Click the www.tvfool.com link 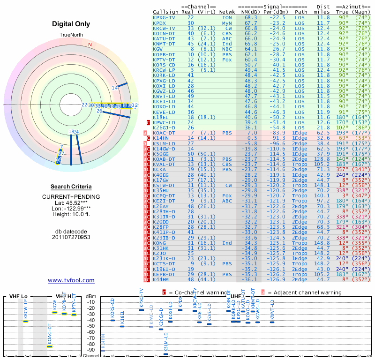[x=71, y=280]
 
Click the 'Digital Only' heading [x=71, y=24]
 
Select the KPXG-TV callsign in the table [x=164, y=17]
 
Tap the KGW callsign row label [x=158, y=48]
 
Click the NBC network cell [x=227, y=48]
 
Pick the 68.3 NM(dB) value [x=251, y=17]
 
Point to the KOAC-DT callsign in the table [x=164, y=133]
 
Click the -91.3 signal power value [x=276, y=138]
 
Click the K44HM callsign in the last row [x=161, y=279]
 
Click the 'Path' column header [x=301, y=12]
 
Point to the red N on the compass [x=90, y=45]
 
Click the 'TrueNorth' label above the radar [x=71, y=35]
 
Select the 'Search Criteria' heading [x=71, y=187]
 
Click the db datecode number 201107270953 [x=71, y=237]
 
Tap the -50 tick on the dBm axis [x=91, y=326]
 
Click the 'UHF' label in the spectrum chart [x=236, y=296]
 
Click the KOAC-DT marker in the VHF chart [x=50, y=346]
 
